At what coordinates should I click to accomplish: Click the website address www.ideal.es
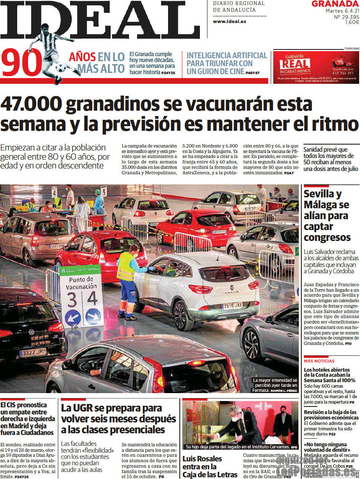click(229, 21)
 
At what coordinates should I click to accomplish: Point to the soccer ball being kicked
click(61, 67)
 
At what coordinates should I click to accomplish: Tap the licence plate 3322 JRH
click(33, 352)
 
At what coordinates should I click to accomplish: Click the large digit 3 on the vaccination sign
click(72, 300)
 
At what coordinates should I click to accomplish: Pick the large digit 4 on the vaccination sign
click(93, 298)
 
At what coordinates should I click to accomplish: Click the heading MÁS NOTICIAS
click(319, 361)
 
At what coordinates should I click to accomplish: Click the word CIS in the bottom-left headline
click(14, 405)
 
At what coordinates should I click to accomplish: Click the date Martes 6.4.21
click(342, 10)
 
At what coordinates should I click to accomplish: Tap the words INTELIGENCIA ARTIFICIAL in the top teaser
click(226, 55)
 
